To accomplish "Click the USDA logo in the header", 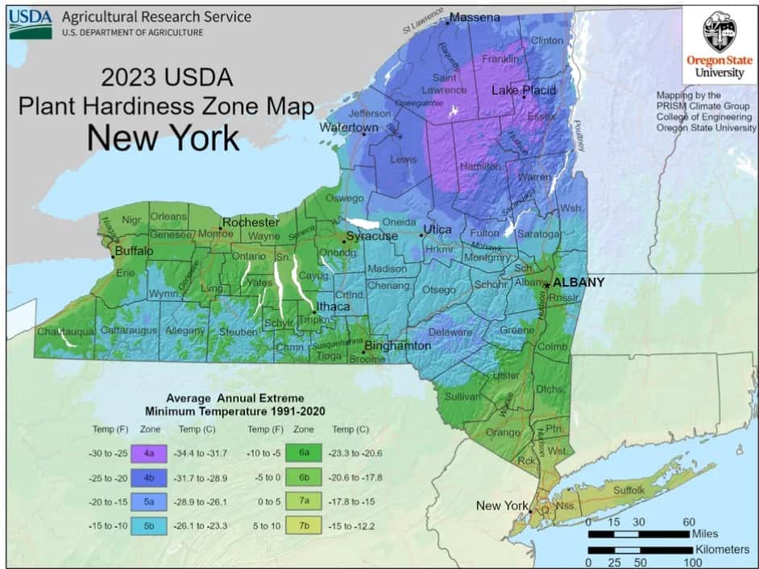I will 31,23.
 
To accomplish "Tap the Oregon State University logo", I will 720,44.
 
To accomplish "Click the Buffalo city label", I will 134,251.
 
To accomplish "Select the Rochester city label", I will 251,222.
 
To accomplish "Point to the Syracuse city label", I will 371,236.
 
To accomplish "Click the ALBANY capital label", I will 579,282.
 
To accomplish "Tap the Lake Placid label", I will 524,90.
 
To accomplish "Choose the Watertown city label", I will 349,128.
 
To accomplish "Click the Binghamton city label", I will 397,346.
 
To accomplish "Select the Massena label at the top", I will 475,17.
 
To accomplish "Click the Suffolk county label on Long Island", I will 629,489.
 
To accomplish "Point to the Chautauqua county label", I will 65,331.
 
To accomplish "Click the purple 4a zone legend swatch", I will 149,453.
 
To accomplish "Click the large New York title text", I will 163,138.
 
